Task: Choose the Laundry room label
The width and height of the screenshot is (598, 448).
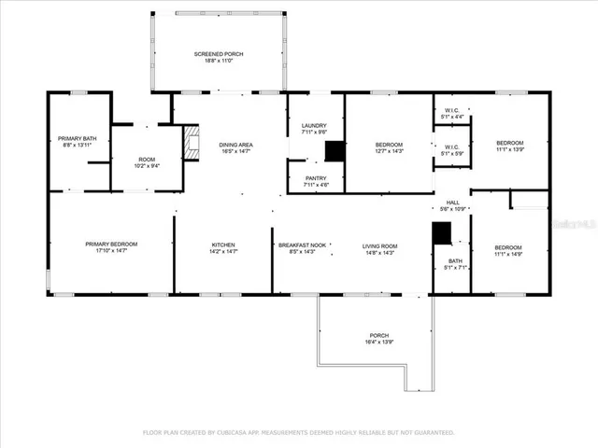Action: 313,129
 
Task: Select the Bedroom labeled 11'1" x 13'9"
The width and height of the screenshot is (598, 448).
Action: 509,146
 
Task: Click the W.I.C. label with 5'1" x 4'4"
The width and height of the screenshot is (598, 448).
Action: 451,113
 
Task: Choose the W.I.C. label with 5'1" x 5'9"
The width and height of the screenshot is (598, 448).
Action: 451,149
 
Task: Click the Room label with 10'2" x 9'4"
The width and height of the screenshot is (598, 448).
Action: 146,162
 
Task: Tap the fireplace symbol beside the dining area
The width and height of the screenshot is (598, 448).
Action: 192,143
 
